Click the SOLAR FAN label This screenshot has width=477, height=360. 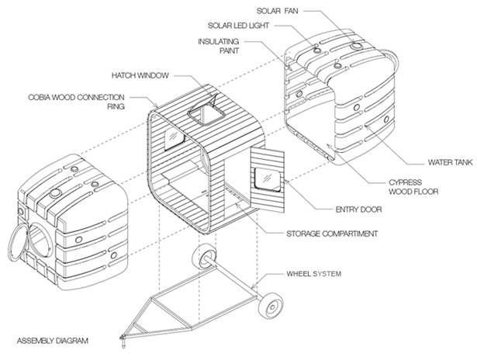click(x=277, y=12)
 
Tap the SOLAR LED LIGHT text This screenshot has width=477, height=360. click(x=238, y=26)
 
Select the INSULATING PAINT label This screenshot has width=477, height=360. click(x=219, y=46)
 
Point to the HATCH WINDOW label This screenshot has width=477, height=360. click(x=140, y=75)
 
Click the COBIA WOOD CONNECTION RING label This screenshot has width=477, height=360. click(x=76, y=102)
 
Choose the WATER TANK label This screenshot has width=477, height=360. click(x=450, y=162)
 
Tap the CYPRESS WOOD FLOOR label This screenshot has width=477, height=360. click(x=413, y=187)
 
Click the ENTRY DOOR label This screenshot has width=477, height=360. click(x=358, y=209)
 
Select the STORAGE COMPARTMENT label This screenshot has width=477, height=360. click(x=332, y=234)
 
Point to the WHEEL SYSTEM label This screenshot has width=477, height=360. click(x=313, y=274)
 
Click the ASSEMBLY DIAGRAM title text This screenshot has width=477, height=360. click(x=52, y=341)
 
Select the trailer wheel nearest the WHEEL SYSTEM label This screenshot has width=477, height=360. click(x=271, y=306)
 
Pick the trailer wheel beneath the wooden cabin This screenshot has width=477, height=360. click(x=205, y=257)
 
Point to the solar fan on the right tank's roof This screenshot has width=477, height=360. click(x=356, y=46)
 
